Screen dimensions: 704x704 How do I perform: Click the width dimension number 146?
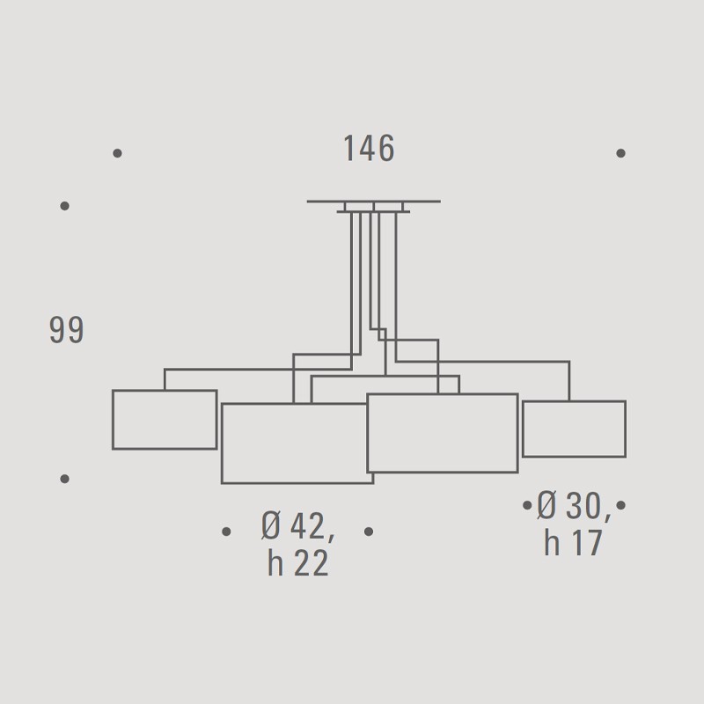369,148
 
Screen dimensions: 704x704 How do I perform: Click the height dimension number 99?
67,330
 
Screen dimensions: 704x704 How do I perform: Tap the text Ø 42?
298,525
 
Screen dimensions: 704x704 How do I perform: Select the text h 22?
298,563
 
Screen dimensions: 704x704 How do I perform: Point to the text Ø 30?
574,506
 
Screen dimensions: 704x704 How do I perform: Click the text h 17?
573,542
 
